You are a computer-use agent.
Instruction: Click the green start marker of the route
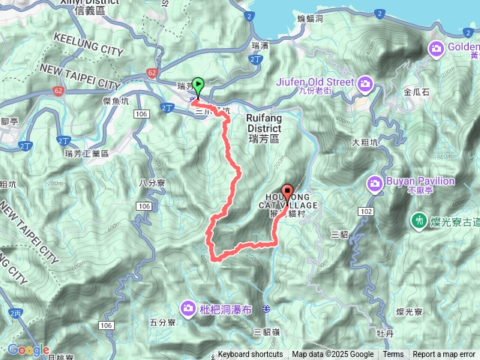click(198, 85)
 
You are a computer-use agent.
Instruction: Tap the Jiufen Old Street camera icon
click(365, 82)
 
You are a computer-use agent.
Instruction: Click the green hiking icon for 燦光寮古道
click(417, 220)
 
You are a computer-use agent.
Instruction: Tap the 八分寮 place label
click(153, 181)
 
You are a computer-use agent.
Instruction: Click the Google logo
click(28, 349)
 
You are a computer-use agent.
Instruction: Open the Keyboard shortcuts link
click(250, 355)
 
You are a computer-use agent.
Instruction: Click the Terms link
click(393, 355)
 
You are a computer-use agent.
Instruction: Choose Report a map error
click(444, 355)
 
